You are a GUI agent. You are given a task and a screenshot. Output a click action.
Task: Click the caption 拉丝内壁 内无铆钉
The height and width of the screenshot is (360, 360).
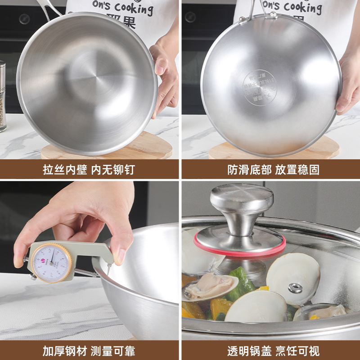89,170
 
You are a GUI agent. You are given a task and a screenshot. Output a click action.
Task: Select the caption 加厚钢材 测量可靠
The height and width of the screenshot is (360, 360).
89,351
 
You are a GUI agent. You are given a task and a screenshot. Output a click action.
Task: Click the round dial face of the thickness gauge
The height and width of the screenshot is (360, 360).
52,262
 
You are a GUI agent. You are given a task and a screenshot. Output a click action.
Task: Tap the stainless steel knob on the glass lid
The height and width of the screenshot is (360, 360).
242,202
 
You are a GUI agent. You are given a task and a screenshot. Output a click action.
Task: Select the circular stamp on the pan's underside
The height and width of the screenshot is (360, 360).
260,85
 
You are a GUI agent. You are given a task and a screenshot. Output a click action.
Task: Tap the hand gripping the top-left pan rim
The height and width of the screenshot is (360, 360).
164,72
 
